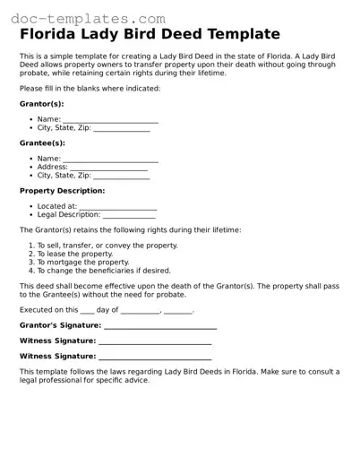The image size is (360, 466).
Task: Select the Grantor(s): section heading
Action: (41, 104)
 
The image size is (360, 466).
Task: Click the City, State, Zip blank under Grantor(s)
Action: (121, 129)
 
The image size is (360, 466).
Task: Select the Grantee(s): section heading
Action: (42, 143)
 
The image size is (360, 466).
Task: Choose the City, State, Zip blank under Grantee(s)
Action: (121, 177)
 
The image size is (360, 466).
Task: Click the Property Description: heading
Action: (62, 191)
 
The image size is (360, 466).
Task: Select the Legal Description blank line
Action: (129, 216)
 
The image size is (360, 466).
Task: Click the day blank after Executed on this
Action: (87, 311)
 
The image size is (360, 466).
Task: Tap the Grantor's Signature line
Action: (160, 326)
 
